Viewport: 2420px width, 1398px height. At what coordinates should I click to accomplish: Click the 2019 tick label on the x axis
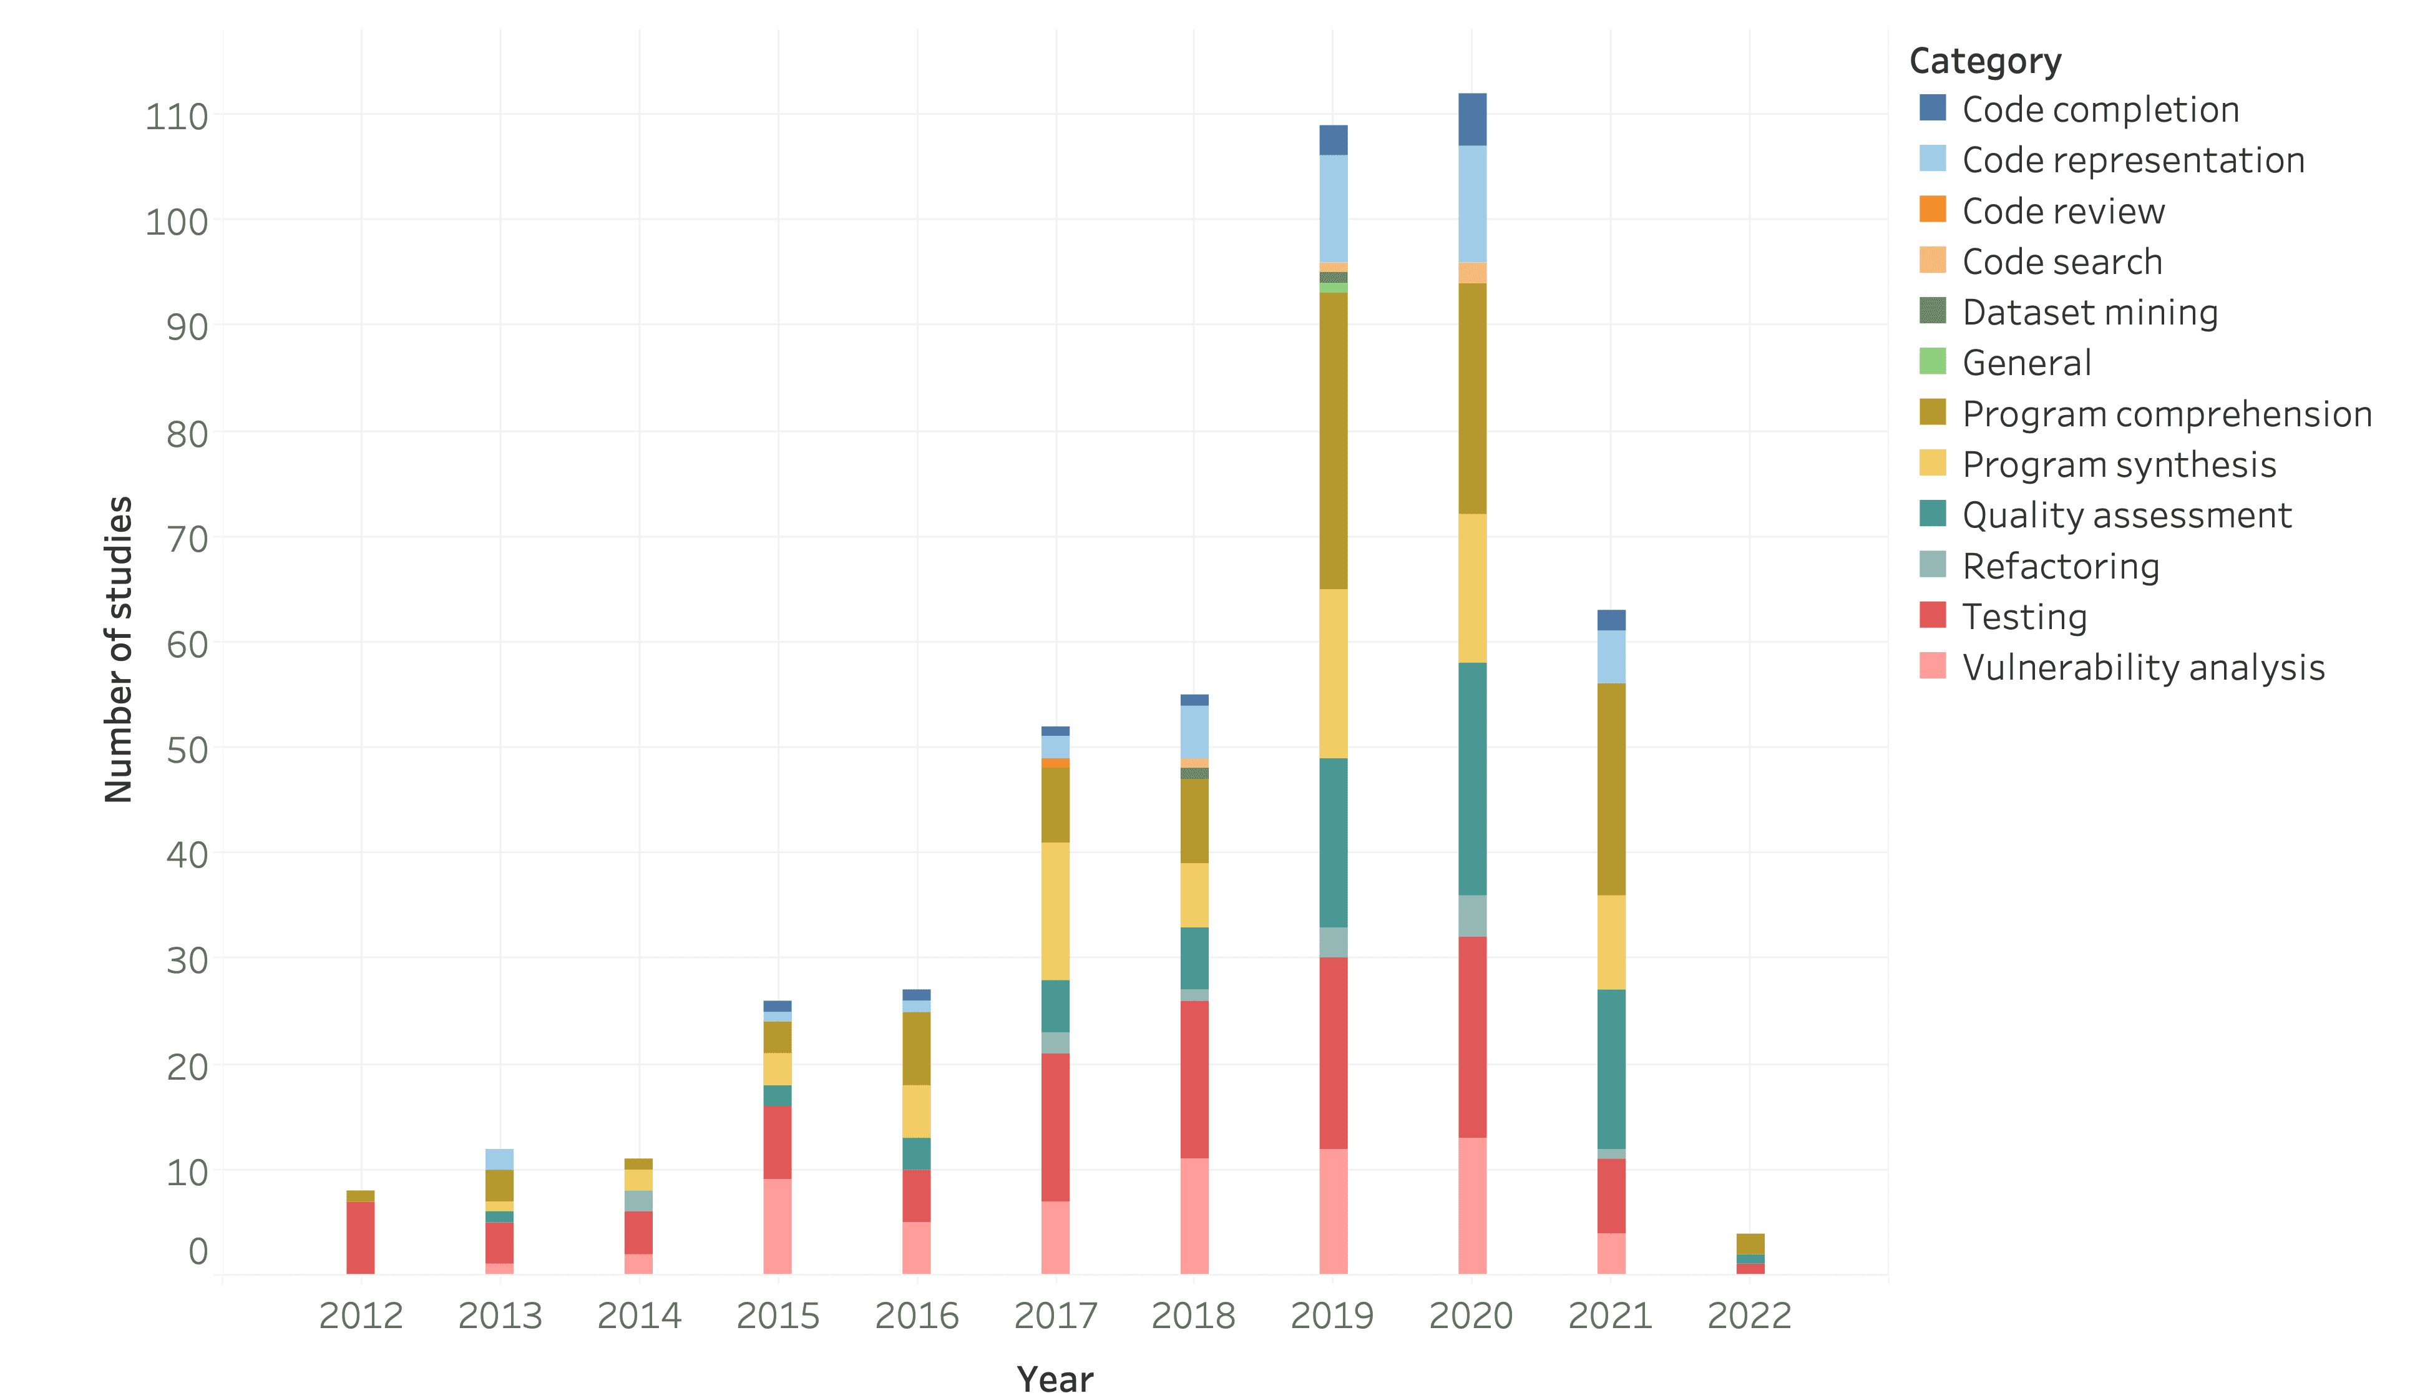tap(1332, 1316)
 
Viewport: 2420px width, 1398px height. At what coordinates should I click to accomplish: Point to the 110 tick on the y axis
tap(177, 116)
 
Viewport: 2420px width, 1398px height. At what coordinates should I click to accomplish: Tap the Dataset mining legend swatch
tap(1933, 311)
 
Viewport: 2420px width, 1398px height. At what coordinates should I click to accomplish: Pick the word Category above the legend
tap(1984, 61)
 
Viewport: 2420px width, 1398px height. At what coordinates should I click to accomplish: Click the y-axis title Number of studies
tap(118, 649)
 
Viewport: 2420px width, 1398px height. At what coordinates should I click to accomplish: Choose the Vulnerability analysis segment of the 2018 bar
tap(1194, 1216)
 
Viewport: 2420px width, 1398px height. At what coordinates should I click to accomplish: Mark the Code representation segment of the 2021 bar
tap(1611, 657)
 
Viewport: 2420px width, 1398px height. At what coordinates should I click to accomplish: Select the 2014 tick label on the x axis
tap(638, 1316)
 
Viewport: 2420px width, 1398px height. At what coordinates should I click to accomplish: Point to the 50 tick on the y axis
tap(187, 750)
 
